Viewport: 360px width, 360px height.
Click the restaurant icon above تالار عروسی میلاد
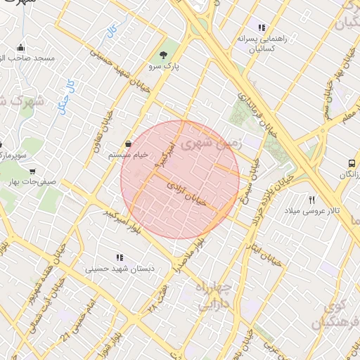coord(312,200)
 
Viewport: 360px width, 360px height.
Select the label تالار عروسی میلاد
coord(312,211)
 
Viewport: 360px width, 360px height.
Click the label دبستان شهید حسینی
coord(119,269)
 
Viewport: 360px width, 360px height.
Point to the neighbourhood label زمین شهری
coord(211,145)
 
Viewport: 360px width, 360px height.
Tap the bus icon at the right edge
coord(351,164)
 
